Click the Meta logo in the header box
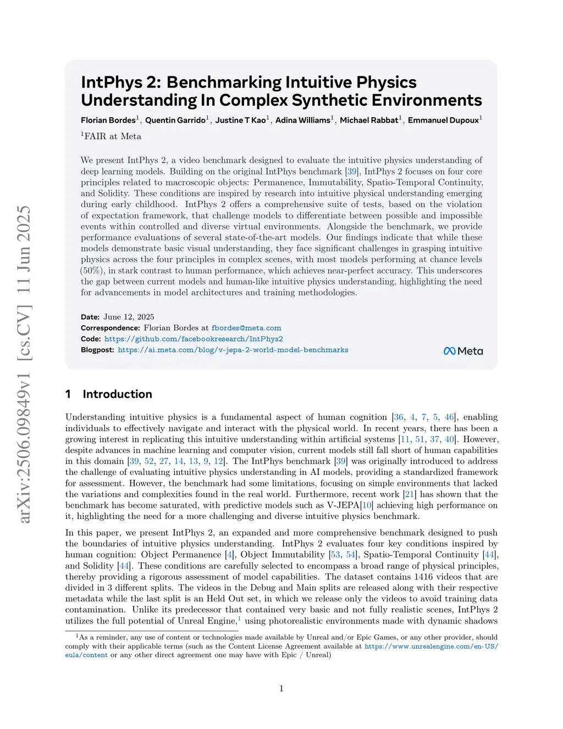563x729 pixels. coord(463,351)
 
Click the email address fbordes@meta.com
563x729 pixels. coord(246,328)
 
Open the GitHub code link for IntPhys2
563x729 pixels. coord(194,339)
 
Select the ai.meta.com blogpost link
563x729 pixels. coord(233,350)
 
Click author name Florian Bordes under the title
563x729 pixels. coord(108,120)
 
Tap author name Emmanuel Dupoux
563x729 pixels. coord(443,120)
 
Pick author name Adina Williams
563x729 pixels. coord(302,120)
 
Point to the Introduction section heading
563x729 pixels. coord(117,394)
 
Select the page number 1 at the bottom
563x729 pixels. coord(281,688)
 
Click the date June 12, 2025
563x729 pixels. coord(129,317)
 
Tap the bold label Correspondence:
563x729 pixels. coord(110,328)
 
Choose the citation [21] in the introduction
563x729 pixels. coord(410,494)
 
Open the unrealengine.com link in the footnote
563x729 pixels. coord(431,646)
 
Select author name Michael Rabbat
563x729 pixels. coord(369,120)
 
